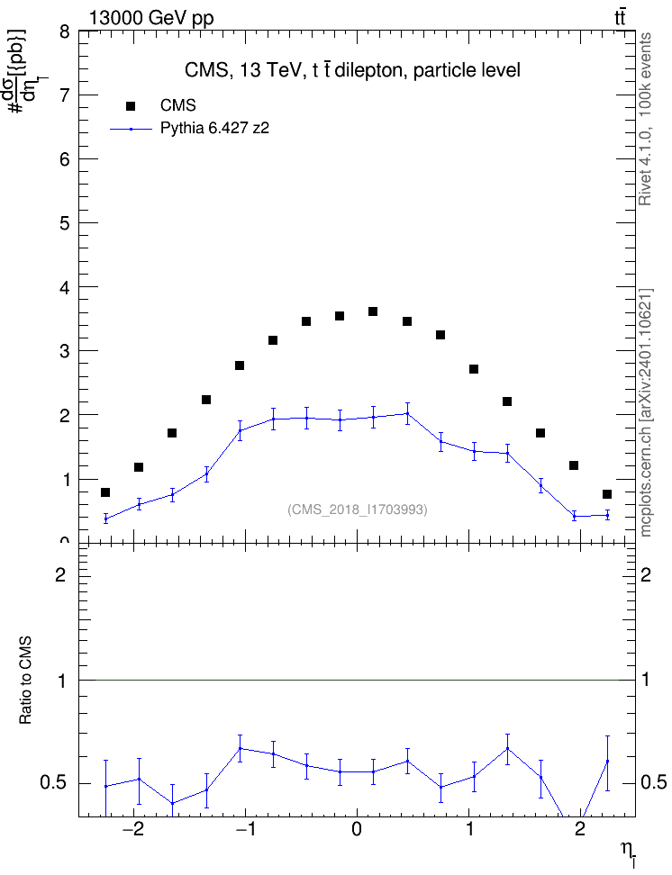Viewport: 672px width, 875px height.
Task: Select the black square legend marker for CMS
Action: coord(131,105)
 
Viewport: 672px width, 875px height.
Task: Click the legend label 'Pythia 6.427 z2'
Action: coord(214,129)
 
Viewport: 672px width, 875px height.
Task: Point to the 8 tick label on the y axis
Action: coord(64,32)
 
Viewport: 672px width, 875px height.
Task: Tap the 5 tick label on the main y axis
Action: coord(64,223)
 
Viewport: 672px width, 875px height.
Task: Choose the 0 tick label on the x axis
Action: coord(357,829)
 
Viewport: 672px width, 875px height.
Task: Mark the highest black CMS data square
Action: coord(373,311)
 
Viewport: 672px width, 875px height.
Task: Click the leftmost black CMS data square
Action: coord(105,492)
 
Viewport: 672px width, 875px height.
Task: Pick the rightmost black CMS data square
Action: coord(607,494)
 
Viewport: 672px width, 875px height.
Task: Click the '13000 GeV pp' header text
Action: coord(151,18)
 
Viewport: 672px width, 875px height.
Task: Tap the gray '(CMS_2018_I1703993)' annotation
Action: coord(358,510)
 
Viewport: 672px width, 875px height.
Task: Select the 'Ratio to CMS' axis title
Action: coord(25,681)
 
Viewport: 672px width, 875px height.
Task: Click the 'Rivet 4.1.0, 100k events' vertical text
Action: coord(645,119)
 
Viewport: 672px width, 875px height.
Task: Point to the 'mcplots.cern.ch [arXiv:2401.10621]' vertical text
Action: coord(646,412)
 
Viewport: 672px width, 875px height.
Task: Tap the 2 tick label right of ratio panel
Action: coord(646,574)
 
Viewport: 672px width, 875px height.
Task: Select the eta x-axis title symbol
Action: coord(628,852)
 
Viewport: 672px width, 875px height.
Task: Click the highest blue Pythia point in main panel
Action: coord(406,413)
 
